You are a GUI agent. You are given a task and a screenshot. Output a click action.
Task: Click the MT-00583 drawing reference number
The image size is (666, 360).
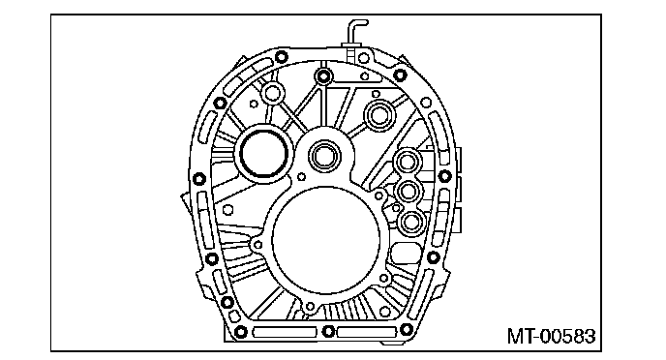tap(552, 336)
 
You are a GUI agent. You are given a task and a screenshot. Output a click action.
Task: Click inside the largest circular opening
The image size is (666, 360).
tap(326, 241)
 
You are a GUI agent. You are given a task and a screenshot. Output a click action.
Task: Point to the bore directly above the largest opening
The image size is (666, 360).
tap(325, 156)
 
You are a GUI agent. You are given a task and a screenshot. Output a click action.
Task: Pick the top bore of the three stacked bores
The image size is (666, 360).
tap(409, 162)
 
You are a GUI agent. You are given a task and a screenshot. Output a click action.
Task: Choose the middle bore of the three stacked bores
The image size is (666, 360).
tap(409, 192)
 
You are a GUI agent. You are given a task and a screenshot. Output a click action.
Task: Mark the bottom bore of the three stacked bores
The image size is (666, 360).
tap(411, 222)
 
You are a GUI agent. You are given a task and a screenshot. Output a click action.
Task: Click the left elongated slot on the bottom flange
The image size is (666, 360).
tap(285, 332)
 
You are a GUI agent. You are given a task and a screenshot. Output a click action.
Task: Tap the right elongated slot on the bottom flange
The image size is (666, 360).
tap(367, 332)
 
